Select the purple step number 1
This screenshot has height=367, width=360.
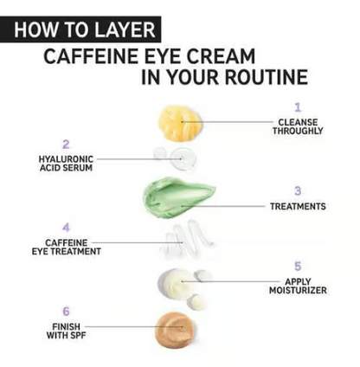coord(297,107)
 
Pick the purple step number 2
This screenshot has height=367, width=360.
coord(66,145)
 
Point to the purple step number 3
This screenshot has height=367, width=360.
coord(297,191)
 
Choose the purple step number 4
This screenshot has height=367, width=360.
coord(66,228)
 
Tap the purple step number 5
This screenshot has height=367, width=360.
coord(297,267)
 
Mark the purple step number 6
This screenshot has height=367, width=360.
coord(66,311)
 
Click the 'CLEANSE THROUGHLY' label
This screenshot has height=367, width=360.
coord(298,126)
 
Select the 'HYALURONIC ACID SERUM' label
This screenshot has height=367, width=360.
coord(66,163)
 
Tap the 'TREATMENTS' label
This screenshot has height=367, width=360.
coord(298,207)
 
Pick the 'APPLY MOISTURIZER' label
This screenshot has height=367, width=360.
coord(298,286)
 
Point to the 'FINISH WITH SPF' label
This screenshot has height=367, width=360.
coord(66,331)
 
